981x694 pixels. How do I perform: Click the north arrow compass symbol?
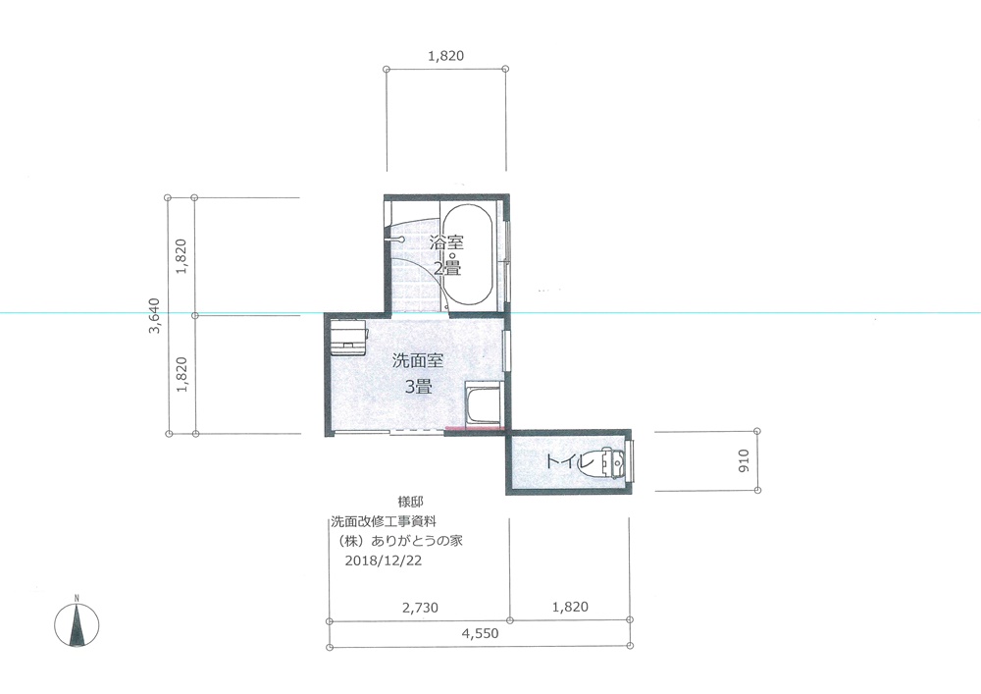point(77,624)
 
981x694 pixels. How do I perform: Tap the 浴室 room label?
point(446,242)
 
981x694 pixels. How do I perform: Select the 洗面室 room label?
point(418,360)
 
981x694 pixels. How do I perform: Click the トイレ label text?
point(569,461)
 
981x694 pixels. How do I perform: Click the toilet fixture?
point(612,462)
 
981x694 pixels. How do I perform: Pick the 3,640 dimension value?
point(154,315)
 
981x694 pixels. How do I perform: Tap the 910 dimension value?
point(744,461)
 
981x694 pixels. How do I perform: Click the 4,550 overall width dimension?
point(481,633)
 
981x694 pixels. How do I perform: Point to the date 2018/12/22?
point(384,561)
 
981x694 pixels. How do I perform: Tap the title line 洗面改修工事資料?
point(383,520)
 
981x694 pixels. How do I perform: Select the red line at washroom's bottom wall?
point(475,429)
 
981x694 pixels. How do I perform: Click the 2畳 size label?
point(447,268)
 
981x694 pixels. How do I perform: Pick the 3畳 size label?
point(419,387)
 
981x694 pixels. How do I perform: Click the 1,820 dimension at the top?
point(446,56)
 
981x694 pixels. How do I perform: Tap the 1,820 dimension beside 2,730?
point(570,607)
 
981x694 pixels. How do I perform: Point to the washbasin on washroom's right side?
point(484,403)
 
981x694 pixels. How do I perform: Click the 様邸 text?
point(410,502)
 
